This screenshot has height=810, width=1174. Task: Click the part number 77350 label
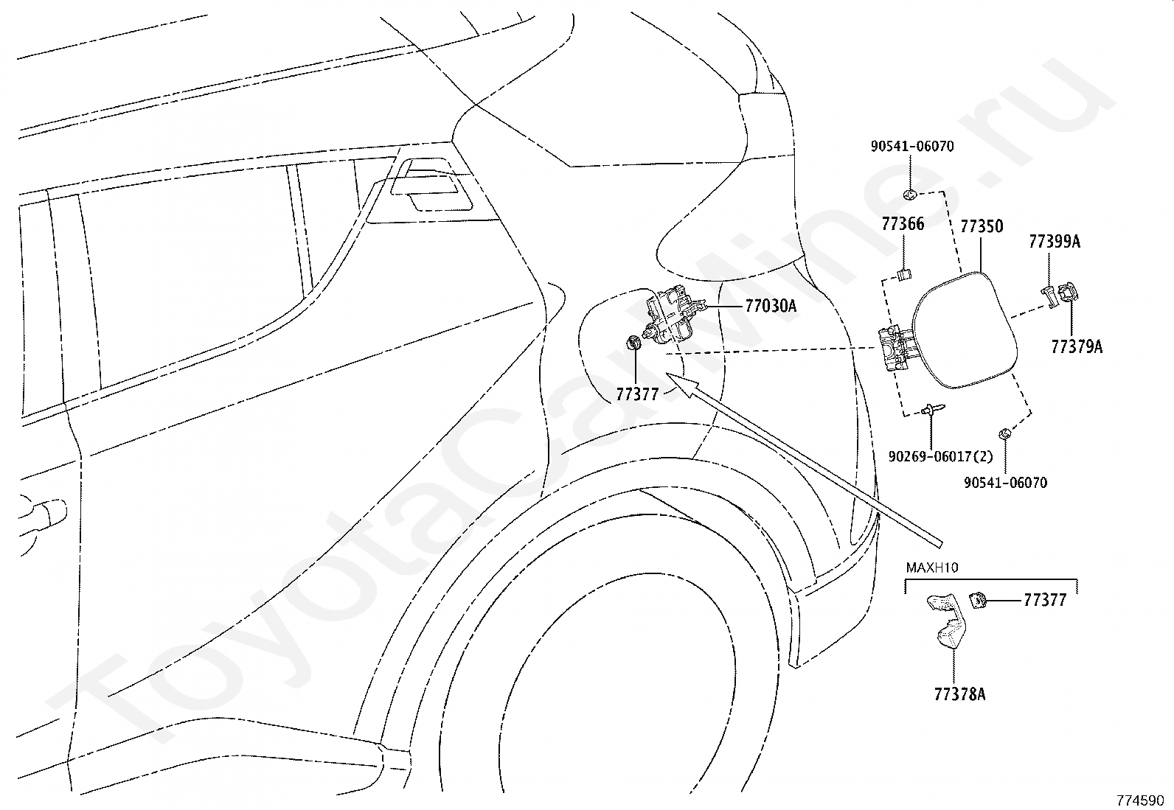982,227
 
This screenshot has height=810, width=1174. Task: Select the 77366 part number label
903,224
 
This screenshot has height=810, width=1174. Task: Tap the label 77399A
1055,242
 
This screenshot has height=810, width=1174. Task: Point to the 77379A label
1077,347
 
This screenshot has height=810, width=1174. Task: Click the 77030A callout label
771,306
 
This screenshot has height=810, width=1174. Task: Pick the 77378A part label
959,695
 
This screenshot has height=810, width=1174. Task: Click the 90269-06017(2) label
941,457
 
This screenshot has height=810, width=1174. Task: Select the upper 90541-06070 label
912,146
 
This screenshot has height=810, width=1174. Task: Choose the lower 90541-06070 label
1006,483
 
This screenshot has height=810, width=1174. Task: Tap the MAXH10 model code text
932,568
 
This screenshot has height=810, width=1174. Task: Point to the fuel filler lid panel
965,330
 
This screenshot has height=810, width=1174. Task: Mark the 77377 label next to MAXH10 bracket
1045,601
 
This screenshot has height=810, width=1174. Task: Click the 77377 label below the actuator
637,394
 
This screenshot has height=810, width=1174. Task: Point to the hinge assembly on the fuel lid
895,349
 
